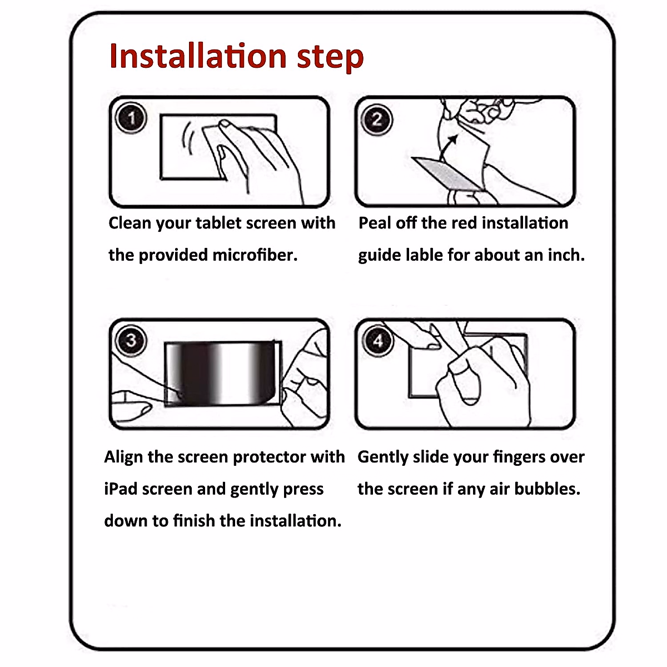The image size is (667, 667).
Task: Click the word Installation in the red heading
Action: [198, 56]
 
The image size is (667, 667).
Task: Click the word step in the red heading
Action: [330, 58]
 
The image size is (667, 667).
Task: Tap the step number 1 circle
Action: [131, 118]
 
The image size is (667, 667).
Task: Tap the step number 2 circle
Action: [377, 120]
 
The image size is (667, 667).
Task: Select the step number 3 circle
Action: [131, 341]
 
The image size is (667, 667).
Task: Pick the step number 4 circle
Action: [377, 341]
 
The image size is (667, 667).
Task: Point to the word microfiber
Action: [255, 255]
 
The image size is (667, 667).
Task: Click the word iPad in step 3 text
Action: [121, 489]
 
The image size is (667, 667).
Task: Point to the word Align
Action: [123, 457]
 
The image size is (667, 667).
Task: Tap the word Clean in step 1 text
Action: [130, 223]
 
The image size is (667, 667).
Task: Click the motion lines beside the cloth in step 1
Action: [187, 138]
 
